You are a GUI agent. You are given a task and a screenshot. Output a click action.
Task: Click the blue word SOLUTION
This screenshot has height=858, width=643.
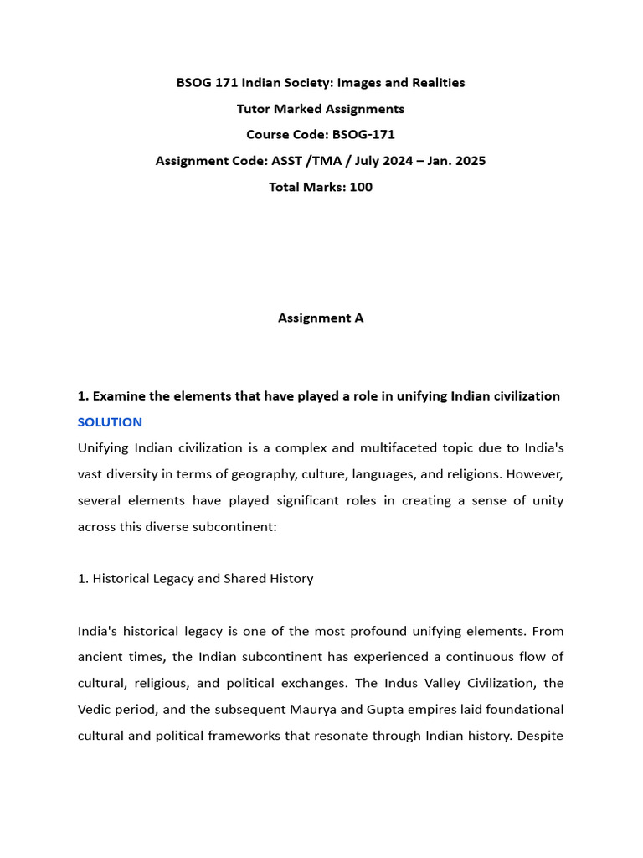point(110,422)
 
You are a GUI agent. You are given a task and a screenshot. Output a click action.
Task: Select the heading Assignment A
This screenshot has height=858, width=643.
point(321,318)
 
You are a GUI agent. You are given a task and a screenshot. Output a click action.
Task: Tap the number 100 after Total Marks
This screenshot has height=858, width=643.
point(361,187)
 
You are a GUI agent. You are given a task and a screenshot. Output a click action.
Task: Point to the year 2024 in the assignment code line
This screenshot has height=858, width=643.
point(396,161)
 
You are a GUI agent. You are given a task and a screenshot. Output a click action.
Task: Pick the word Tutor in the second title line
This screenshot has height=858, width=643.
point(254,109)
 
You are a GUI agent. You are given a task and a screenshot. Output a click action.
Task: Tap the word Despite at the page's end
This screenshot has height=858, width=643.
point(542,736)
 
